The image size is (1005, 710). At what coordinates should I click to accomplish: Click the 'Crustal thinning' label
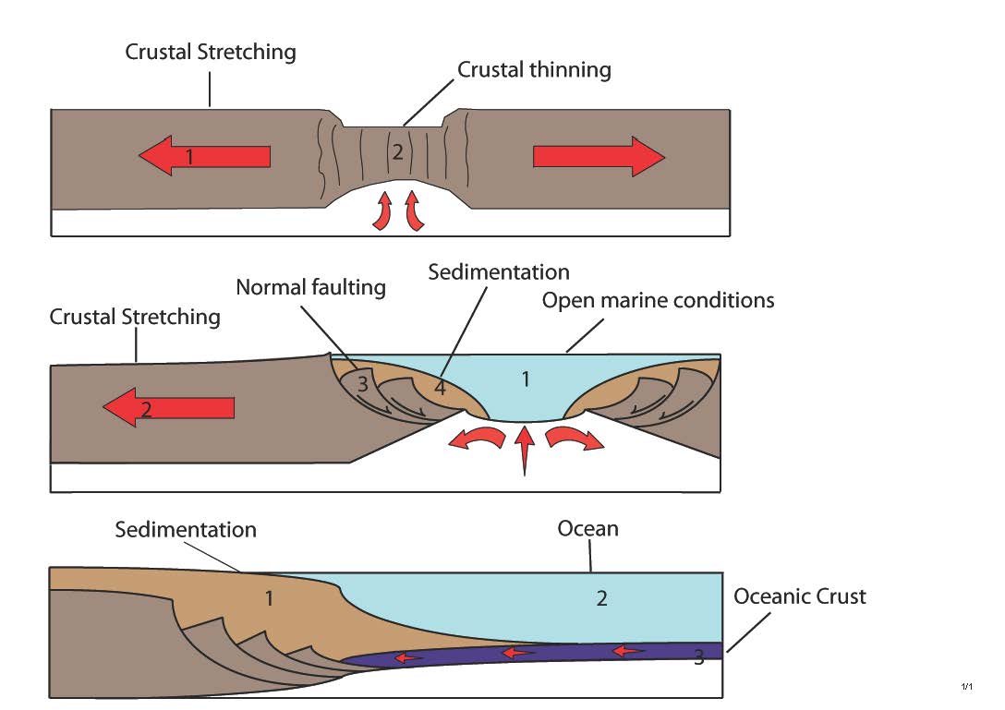534,69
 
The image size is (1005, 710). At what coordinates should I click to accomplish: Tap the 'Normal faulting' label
310,287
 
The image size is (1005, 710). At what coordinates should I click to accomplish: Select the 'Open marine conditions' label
658,301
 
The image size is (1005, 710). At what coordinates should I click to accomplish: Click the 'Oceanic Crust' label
800,596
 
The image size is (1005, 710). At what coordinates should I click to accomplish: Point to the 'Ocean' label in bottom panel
587,529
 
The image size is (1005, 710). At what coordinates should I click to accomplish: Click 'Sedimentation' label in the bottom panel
186,530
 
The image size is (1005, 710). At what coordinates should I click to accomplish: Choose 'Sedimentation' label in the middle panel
499,272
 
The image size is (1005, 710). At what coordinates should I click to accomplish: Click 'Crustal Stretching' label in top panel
211,52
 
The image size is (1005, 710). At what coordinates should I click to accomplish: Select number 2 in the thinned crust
397,153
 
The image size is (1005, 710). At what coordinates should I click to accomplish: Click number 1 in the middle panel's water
526,379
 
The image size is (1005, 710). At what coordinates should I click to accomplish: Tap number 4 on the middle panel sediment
440,388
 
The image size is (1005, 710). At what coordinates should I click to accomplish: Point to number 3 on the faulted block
362,385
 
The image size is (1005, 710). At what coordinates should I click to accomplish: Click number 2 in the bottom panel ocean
601,598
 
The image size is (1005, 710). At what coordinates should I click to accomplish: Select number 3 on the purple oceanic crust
698,657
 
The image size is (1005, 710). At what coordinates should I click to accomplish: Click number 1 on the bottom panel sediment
269,598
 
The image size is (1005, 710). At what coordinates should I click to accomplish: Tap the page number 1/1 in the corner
967,687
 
